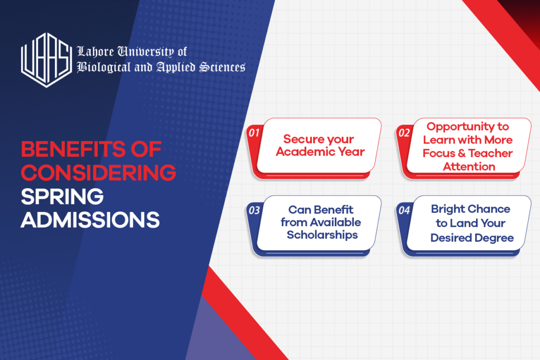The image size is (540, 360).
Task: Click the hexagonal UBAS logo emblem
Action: tap(46, 60)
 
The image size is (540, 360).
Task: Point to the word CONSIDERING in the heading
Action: tap(99, 172)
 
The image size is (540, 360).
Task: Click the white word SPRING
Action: tap(62, 197)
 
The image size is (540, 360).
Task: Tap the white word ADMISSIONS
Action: tap(90, 220)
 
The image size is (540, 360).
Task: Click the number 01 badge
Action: tap(254, 132)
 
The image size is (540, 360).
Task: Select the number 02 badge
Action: tap(404, 132)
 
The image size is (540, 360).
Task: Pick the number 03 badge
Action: tap(255, 210)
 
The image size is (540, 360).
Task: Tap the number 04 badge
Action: tap(404, 210)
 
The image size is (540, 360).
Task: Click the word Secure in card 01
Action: tap(299, 139)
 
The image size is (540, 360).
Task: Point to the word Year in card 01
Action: tap(351, 151)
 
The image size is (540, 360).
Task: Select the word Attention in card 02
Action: tap(469, 167)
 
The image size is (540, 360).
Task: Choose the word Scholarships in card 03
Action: tap(322, 235)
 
